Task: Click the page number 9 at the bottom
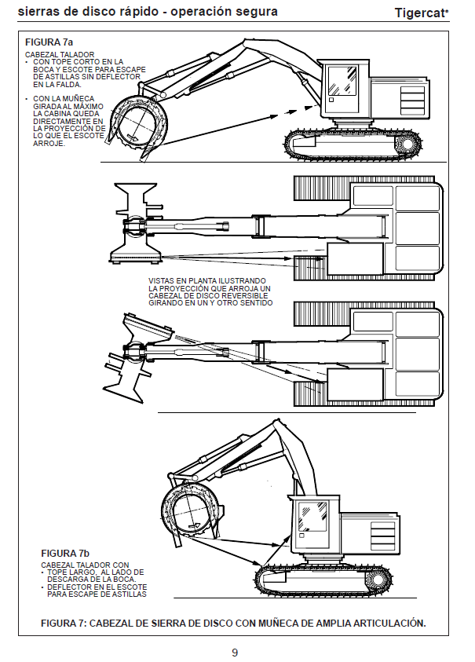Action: point(235,652)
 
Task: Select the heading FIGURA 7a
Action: point(49,42)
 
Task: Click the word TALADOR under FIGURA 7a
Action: point(75,53)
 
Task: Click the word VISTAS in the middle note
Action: point(162,280)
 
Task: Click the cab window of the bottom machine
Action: point(312,518)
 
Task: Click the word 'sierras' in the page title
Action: point(36,12)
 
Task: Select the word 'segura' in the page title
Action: point(255,12)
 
